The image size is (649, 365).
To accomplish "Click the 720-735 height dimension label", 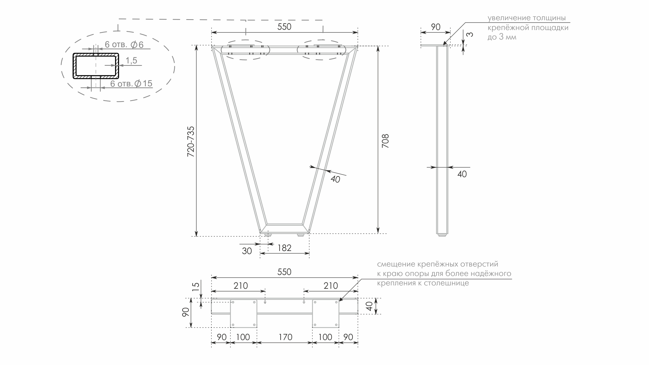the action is click(191, 142).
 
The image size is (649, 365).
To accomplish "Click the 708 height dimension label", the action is click(385, 141).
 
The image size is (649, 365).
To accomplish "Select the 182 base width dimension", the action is click(284, 248).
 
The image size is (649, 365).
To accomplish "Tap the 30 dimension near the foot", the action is click(247, 251).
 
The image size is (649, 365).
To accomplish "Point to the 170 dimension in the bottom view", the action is click(285, 337).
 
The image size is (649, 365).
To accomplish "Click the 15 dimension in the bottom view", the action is click(196, 286).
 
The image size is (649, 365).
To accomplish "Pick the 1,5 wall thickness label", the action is click(131, 61).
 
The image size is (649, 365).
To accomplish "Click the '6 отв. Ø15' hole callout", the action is click(132, 83).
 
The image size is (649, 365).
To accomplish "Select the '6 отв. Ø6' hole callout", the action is click(124, 45).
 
